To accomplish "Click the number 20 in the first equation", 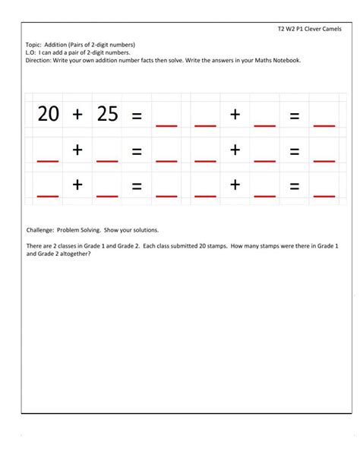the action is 48,114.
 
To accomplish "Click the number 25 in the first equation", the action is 107,114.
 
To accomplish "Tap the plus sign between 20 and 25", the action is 77,115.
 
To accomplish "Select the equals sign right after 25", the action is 137,116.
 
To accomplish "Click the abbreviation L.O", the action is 31,53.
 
